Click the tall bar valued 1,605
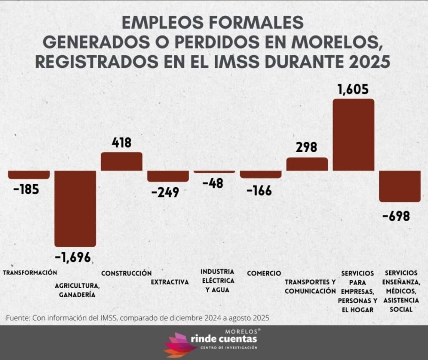(353, 135)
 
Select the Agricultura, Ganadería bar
(75, 208)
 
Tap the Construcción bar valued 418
(122, 161)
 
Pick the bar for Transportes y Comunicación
(307, 164)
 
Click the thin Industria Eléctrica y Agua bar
(214, 172)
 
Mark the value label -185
(26, 189)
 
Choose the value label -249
(166, 192)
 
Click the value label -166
(259, 191)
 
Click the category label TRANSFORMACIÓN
(30, 272)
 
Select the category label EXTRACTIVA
(170, 282)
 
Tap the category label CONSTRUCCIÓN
(126, 273)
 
